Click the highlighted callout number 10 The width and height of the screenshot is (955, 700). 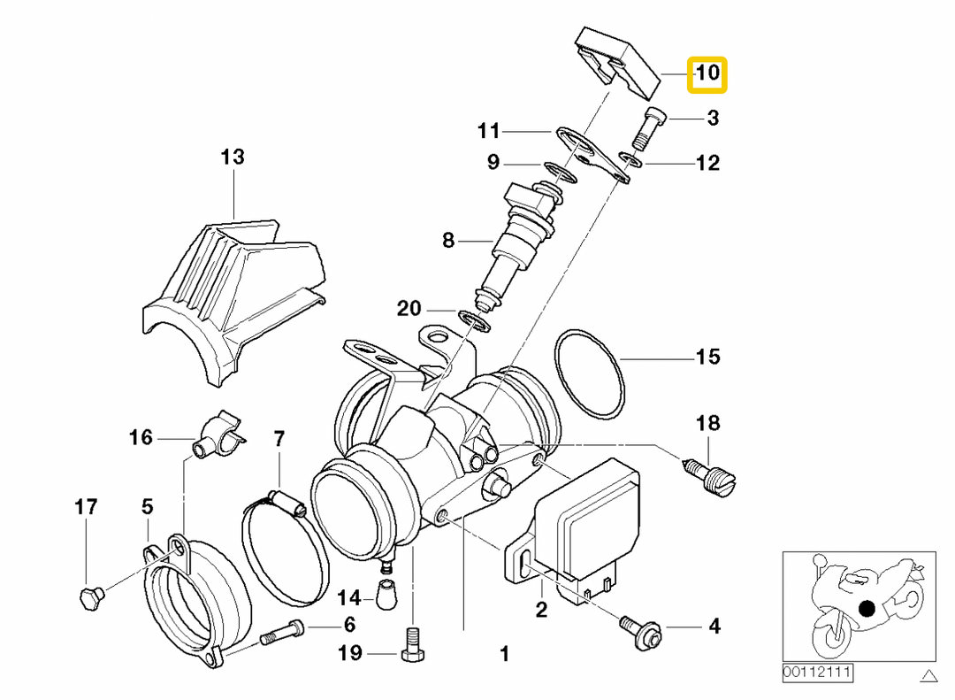[x=707, y=73]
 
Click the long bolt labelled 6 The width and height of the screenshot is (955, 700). [x=281, y=633]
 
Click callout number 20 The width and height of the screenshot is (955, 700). [x=409, y=309]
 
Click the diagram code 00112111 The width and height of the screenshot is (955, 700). [x=816, y=673]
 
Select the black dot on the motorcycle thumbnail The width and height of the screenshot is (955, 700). [x=867, y=609]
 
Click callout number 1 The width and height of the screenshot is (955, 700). [x=505, y=654]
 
